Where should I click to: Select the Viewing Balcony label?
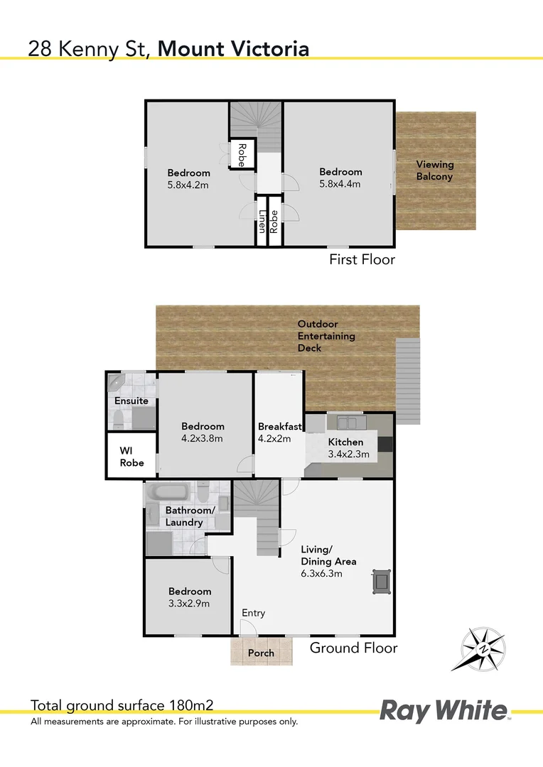434,170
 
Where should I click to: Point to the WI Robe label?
132,457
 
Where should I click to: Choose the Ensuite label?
131,401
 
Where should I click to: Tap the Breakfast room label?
280,426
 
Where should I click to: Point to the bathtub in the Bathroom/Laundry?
168,492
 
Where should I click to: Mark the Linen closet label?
262,222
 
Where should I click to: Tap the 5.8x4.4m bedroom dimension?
340,184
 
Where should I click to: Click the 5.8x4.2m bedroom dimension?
188,185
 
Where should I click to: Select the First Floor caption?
362,260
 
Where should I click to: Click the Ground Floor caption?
353,648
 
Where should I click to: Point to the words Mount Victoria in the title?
233,48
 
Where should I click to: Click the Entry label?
253,613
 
